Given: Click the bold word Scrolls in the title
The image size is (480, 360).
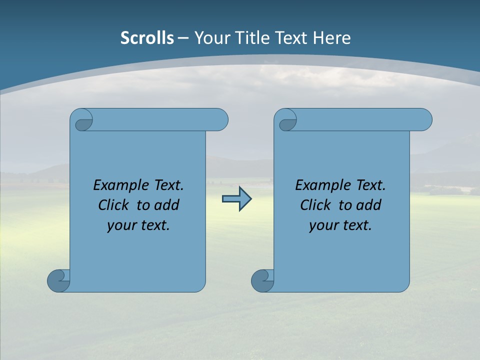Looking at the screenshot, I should click(x=147, y=38).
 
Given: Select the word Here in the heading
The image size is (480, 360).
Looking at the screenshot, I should click(x=331, y=38).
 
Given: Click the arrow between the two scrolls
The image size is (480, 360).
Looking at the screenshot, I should click(x=236, y=199).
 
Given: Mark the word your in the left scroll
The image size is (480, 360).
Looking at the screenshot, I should click(x=120, y=225).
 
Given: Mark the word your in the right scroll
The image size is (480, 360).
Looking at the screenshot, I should click(x=322, y=225).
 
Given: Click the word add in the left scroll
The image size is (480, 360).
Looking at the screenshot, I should click(x=166, y=205).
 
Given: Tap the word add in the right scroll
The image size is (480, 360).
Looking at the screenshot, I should click(x=368, y=205).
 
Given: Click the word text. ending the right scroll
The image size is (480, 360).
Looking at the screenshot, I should click(x=356, y=225).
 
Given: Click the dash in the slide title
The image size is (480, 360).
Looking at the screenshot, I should click(x=183, y=38).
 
